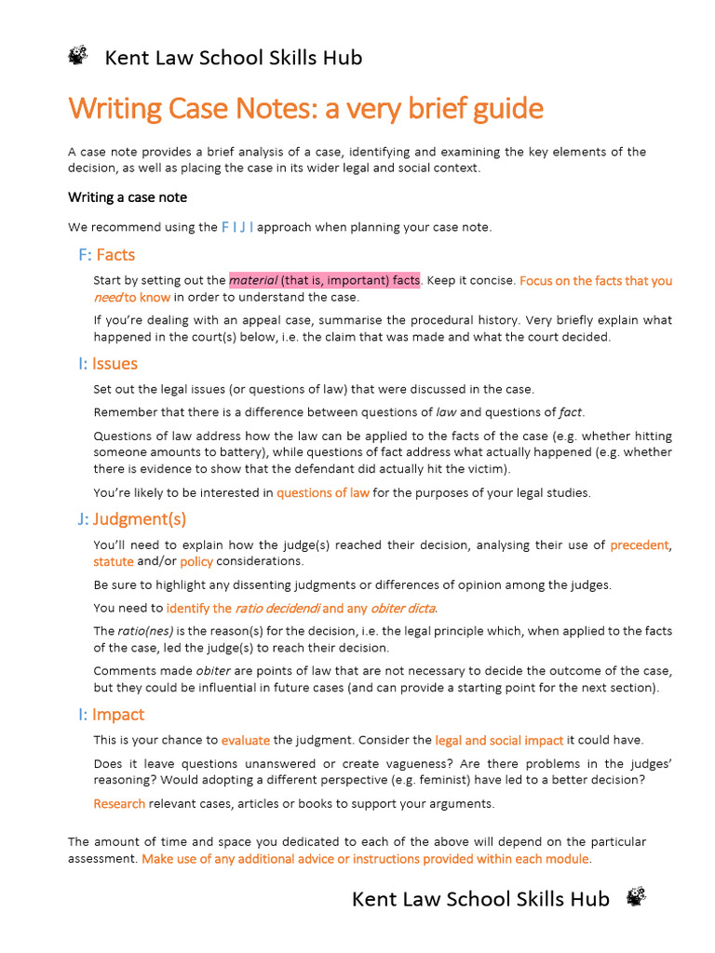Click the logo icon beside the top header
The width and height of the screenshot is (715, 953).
[78, 57]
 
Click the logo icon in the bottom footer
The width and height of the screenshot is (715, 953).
[637, 897]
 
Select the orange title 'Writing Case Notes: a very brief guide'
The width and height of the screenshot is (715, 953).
[305, 109]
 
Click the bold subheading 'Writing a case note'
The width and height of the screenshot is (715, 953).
[128, 197]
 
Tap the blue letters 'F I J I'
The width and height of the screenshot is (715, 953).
[237, 226]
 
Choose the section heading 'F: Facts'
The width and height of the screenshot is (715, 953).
[107, 255]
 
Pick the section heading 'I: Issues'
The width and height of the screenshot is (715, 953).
[108, 364]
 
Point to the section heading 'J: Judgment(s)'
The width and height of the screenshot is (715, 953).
[133, 519]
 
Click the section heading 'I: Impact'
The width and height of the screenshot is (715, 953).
[111, 715]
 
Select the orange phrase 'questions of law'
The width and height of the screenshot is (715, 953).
[323, 493]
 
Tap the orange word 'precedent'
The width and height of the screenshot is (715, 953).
[640, 545]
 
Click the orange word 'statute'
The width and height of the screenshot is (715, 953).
[114, 561]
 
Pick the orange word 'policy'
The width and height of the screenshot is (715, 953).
[196, 561]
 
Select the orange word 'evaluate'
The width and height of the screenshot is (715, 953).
[246, 741]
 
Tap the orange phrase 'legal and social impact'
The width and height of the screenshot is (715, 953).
[499, 741]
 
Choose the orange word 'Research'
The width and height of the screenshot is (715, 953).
[119, 803]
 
